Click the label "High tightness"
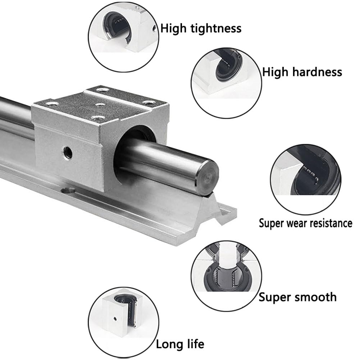click(201, 28)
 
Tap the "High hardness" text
click(302, 72)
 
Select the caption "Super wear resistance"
click(305, 223)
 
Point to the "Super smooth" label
click(297, 297)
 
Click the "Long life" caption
click(180, 344)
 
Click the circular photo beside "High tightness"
click(124, 36)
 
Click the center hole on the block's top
click(100, 105)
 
